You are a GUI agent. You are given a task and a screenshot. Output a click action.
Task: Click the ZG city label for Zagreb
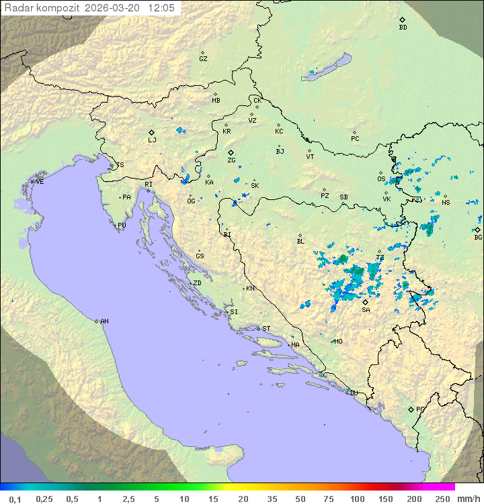click(231, 160)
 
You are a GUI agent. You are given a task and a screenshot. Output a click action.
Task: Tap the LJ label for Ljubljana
click(152, 140)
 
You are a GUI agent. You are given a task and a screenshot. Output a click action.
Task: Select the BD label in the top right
click(403, 28)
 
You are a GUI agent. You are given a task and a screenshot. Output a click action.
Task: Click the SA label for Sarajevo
click(366, 309)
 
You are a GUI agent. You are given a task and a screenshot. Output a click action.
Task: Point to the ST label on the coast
click(266, 329)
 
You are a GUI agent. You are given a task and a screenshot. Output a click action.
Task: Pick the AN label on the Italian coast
click(104, 321)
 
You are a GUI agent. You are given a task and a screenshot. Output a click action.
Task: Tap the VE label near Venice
click(40, 182)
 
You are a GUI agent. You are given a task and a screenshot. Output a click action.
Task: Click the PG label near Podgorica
click(420, 409)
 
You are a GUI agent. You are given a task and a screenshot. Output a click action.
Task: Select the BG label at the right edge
click(478, 237)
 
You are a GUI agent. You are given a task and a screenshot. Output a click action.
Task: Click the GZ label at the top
click(203, 58)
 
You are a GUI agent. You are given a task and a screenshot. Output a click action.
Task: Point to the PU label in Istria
click(122, 225)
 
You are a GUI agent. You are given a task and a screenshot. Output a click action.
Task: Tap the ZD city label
click(197, 283)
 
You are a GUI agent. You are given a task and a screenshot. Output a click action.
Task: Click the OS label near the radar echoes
click(381, 179)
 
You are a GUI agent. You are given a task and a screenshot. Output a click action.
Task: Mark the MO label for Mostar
click(338, 341)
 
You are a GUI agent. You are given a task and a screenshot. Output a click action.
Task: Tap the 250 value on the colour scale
click(442, 499)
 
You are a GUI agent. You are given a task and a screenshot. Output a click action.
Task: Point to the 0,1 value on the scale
click(14, 499)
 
